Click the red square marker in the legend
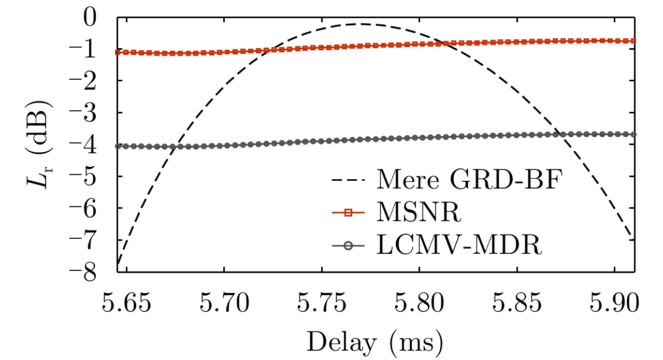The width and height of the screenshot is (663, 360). tap(349, 212)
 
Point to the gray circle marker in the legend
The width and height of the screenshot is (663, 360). tap(349, 244)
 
